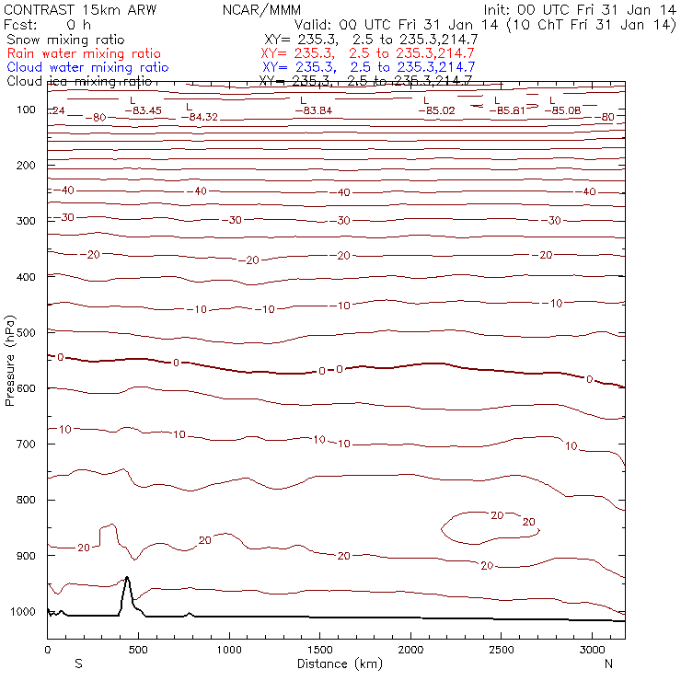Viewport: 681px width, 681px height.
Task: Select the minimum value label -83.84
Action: coord(313,110)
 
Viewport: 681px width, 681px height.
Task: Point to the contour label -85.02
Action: coord(436,110)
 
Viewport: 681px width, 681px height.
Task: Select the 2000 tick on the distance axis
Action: coord(410,650)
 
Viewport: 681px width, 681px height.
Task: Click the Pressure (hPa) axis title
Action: coord(10,360)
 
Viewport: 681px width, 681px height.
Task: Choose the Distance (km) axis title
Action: coord(336,664)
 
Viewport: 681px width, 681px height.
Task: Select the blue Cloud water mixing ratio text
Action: coord(87,67)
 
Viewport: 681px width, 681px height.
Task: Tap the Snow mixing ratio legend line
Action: coord(64,40)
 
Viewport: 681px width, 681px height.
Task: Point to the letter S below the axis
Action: coord(78,664)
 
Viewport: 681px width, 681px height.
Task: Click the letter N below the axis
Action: coord(608,664)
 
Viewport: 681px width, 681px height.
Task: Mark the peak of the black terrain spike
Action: coord(127,577)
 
